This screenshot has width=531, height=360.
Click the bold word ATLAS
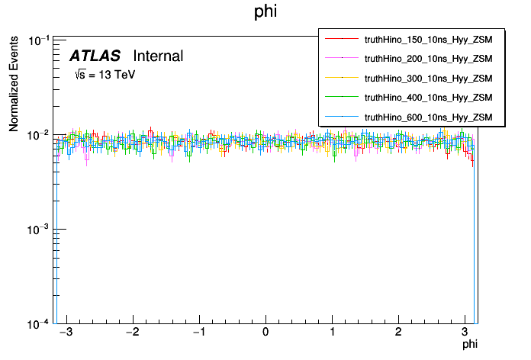click(x=95, y=56)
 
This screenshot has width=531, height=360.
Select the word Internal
click(x=158, y=56)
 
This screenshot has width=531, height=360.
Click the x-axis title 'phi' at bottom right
click(x=469, y=346)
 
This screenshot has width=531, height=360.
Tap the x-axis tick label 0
click(x=265, y=334)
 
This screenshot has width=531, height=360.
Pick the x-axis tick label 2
click(x=398, y=334)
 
